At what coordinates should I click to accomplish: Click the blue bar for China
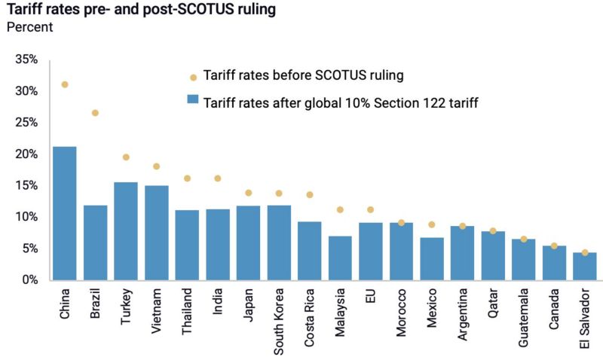coord(64,213)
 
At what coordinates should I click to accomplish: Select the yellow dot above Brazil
coord(95,113)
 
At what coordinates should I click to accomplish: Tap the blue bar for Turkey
coord(125,230)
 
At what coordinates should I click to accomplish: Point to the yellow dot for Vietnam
coord(156,166)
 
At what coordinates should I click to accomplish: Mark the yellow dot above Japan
coord(248,193)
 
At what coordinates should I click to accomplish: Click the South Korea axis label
coord(279,320)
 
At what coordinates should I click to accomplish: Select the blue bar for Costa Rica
coord(309,250)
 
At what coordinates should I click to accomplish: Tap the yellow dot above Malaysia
coord(340,210)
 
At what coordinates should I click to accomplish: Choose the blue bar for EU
coord(370,251)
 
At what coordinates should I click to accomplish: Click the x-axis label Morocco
coord(401,314)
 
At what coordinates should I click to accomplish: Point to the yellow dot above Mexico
coord(432,224)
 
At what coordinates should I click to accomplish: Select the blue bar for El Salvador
coord(585,266)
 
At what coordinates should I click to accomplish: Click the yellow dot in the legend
coord(193,77)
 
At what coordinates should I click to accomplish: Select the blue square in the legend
coord(193,101)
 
